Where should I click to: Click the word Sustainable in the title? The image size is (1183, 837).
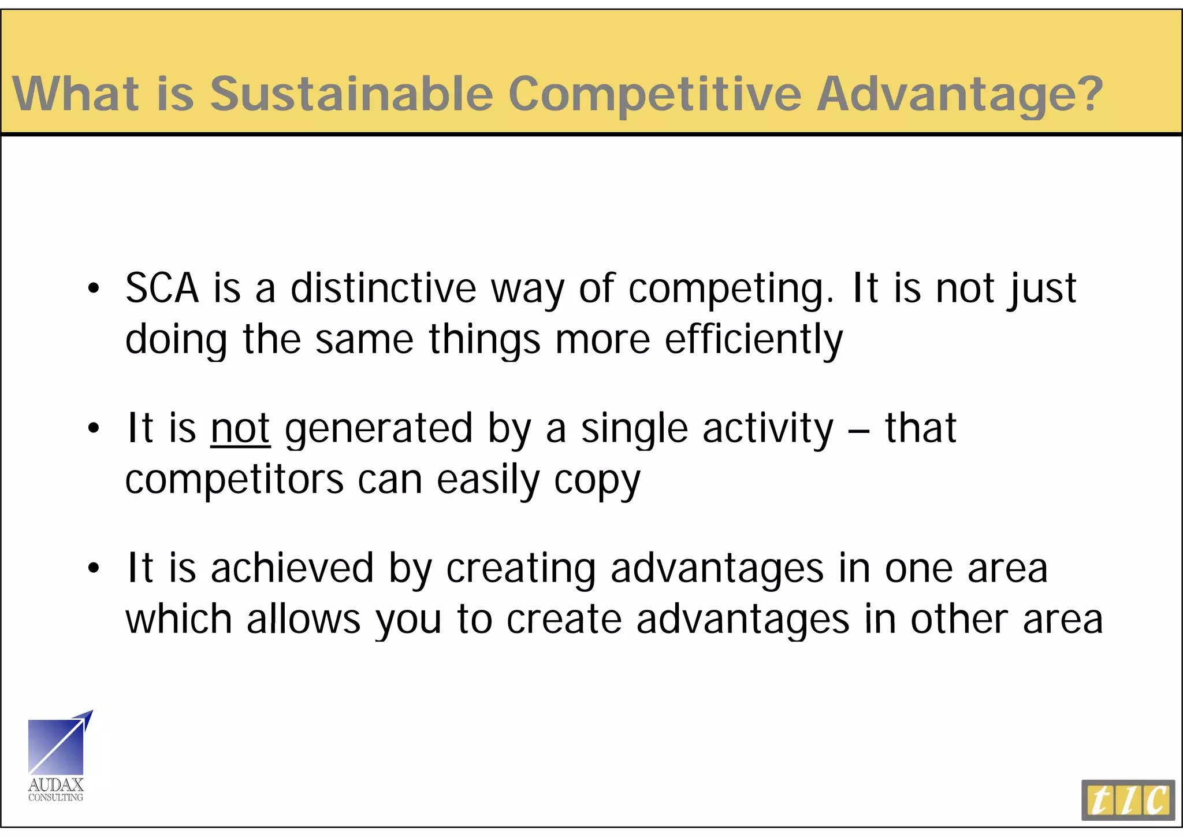351,94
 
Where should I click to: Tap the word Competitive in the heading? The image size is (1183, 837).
655,95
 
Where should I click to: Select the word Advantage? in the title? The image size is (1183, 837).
959,95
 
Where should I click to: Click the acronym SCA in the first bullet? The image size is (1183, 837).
162,288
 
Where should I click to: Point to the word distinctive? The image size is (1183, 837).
383,288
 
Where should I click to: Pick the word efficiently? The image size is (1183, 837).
754,339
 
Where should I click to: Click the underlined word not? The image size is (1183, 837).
240,428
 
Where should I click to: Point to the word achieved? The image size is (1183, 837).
292,568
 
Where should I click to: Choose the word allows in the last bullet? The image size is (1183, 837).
304,619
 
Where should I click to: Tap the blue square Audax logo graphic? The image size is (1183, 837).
57,746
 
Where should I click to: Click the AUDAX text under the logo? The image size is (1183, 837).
56,785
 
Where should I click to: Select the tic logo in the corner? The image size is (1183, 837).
1128,800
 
